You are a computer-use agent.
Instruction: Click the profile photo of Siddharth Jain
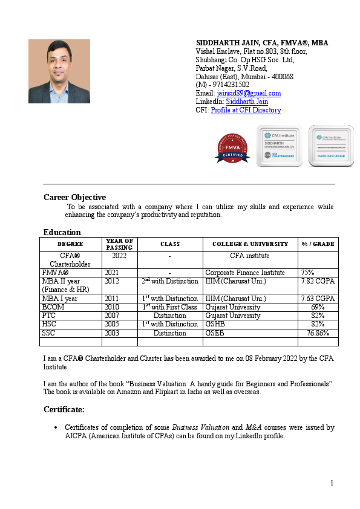59,71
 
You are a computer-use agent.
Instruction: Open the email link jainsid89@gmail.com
249,93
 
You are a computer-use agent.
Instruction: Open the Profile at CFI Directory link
246,110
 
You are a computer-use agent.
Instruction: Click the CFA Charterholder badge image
279,146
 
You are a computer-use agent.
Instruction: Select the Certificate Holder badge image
331,146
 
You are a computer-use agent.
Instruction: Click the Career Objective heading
74,197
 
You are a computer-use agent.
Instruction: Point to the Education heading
62,232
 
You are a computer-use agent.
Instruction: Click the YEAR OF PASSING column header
119,244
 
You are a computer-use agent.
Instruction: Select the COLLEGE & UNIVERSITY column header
250,244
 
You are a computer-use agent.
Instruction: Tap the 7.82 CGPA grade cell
318,281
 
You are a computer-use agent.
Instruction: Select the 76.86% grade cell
318,332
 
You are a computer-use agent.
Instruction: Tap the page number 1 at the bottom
332,483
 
